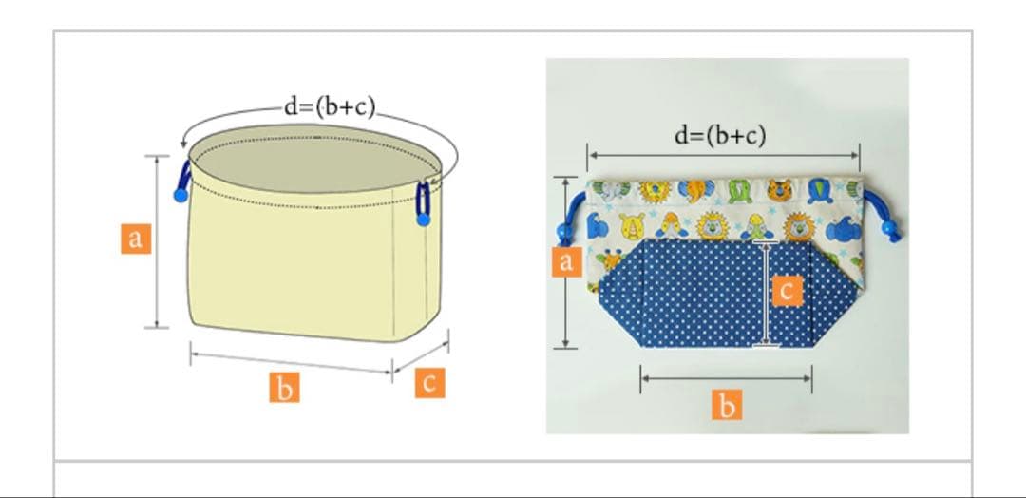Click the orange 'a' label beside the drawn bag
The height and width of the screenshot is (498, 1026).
[136, 239]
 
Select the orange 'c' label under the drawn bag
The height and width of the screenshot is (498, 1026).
[430, 383]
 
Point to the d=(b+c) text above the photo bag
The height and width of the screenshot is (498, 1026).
[720, 136]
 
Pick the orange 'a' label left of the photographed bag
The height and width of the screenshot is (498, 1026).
[566, 261]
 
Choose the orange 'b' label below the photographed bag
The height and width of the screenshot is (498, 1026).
[727, 405]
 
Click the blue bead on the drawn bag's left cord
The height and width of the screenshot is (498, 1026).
[180, 195]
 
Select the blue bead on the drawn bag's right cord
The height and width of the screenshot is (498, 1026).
[424, 220]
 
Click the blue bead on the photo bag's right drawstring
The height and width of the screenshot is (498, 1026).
[889, 228]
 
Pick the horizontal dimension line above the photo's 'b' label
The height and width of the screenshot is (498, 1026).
[727, 378]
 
